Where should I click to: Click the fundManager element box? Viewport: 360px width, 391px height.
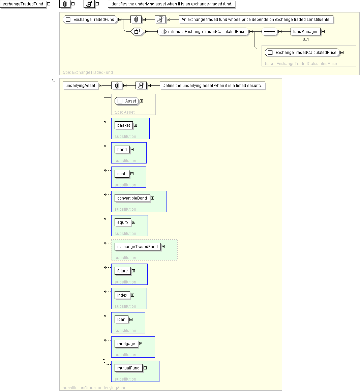[305, 32]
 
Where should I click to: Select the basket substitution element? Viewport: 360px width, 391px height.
[124, 125]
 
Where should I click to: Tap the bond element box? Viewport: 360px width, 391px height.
[122, 150]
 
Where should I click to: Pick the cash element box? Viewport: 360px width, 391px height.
[122, 174]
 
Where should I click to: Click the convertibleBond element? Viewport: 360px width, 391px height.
[132, 198]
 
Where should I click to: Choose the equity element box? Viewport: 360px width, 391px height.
[123, 222]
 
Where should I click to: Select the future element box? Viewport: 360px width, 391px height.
[122, 271]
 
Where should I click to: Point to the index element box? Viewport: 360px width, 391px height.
[122, 295]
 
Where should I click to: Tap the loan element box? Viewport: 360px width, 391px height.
[121, 320]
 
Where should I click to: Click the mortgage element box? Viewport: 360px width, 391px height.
[126, 344]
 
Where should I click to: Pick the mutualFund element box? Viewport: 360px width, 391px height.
[128, 368]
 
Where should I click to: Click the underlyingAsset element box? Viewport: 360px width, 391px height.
[80, 86]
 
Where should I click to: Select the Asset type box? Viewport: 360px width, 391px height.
[127, 101]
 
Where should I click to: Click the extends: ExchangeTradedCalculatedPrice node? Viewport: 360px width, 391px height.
[203, 32]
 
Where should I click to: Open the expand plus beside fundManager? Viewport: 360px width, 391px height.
[323, 32]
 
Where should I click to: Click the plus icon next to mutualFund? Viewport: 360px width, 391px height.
[145, 368]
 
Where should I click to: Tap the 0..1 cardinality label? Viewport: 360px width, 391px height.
[306, 39]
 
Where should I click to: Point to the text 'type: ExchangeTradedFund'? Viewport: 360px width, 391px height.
[88, 72]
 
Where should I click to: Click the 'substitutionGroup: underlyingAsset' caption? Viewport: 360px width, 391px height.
[95, 388]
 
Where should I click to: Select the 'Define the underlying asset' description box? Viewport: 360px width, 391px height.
[212, 86]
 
